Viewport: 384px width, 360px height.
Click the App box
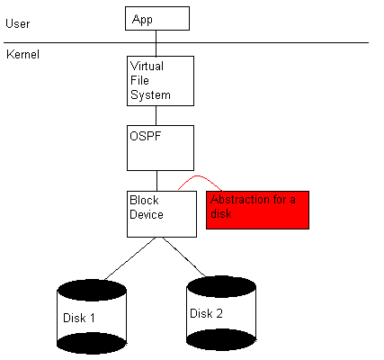(157, 19)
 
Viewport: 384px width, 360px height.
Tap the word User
(18, 23)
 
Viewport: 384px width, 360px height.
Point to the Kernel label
(22, 54)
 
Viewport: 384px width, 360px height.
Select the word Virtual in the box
(147, 66)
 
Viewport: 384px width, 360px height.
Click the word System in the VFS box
(150, 95)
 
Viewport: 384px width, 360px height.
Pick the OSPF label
(146, 136)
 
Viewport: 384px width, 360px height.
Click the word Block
(144, 200)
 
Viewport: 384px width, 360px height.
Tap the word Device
(147, 214)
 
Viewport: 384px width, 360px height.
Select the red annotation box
(257, 210)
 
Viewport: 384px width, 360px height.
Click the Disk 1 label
(79, 318)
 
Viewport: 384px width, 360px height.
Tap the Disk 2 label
(207, 313)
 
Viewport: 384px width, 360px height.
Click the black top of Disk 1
(92, 290)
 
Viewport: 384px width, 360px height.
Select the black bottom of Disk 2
(221, 340)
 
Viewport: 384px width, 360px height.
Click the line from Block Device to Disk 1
(129, 258)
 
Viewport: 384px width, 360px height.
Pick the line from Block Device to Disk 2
(184, 256)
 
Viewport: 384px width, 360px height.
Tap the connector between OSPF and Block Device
(157, 181)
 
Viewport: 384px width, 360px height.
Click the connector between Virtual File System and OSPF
(156, 115)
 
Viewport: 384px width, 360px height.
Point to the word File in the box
(139, 80)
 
